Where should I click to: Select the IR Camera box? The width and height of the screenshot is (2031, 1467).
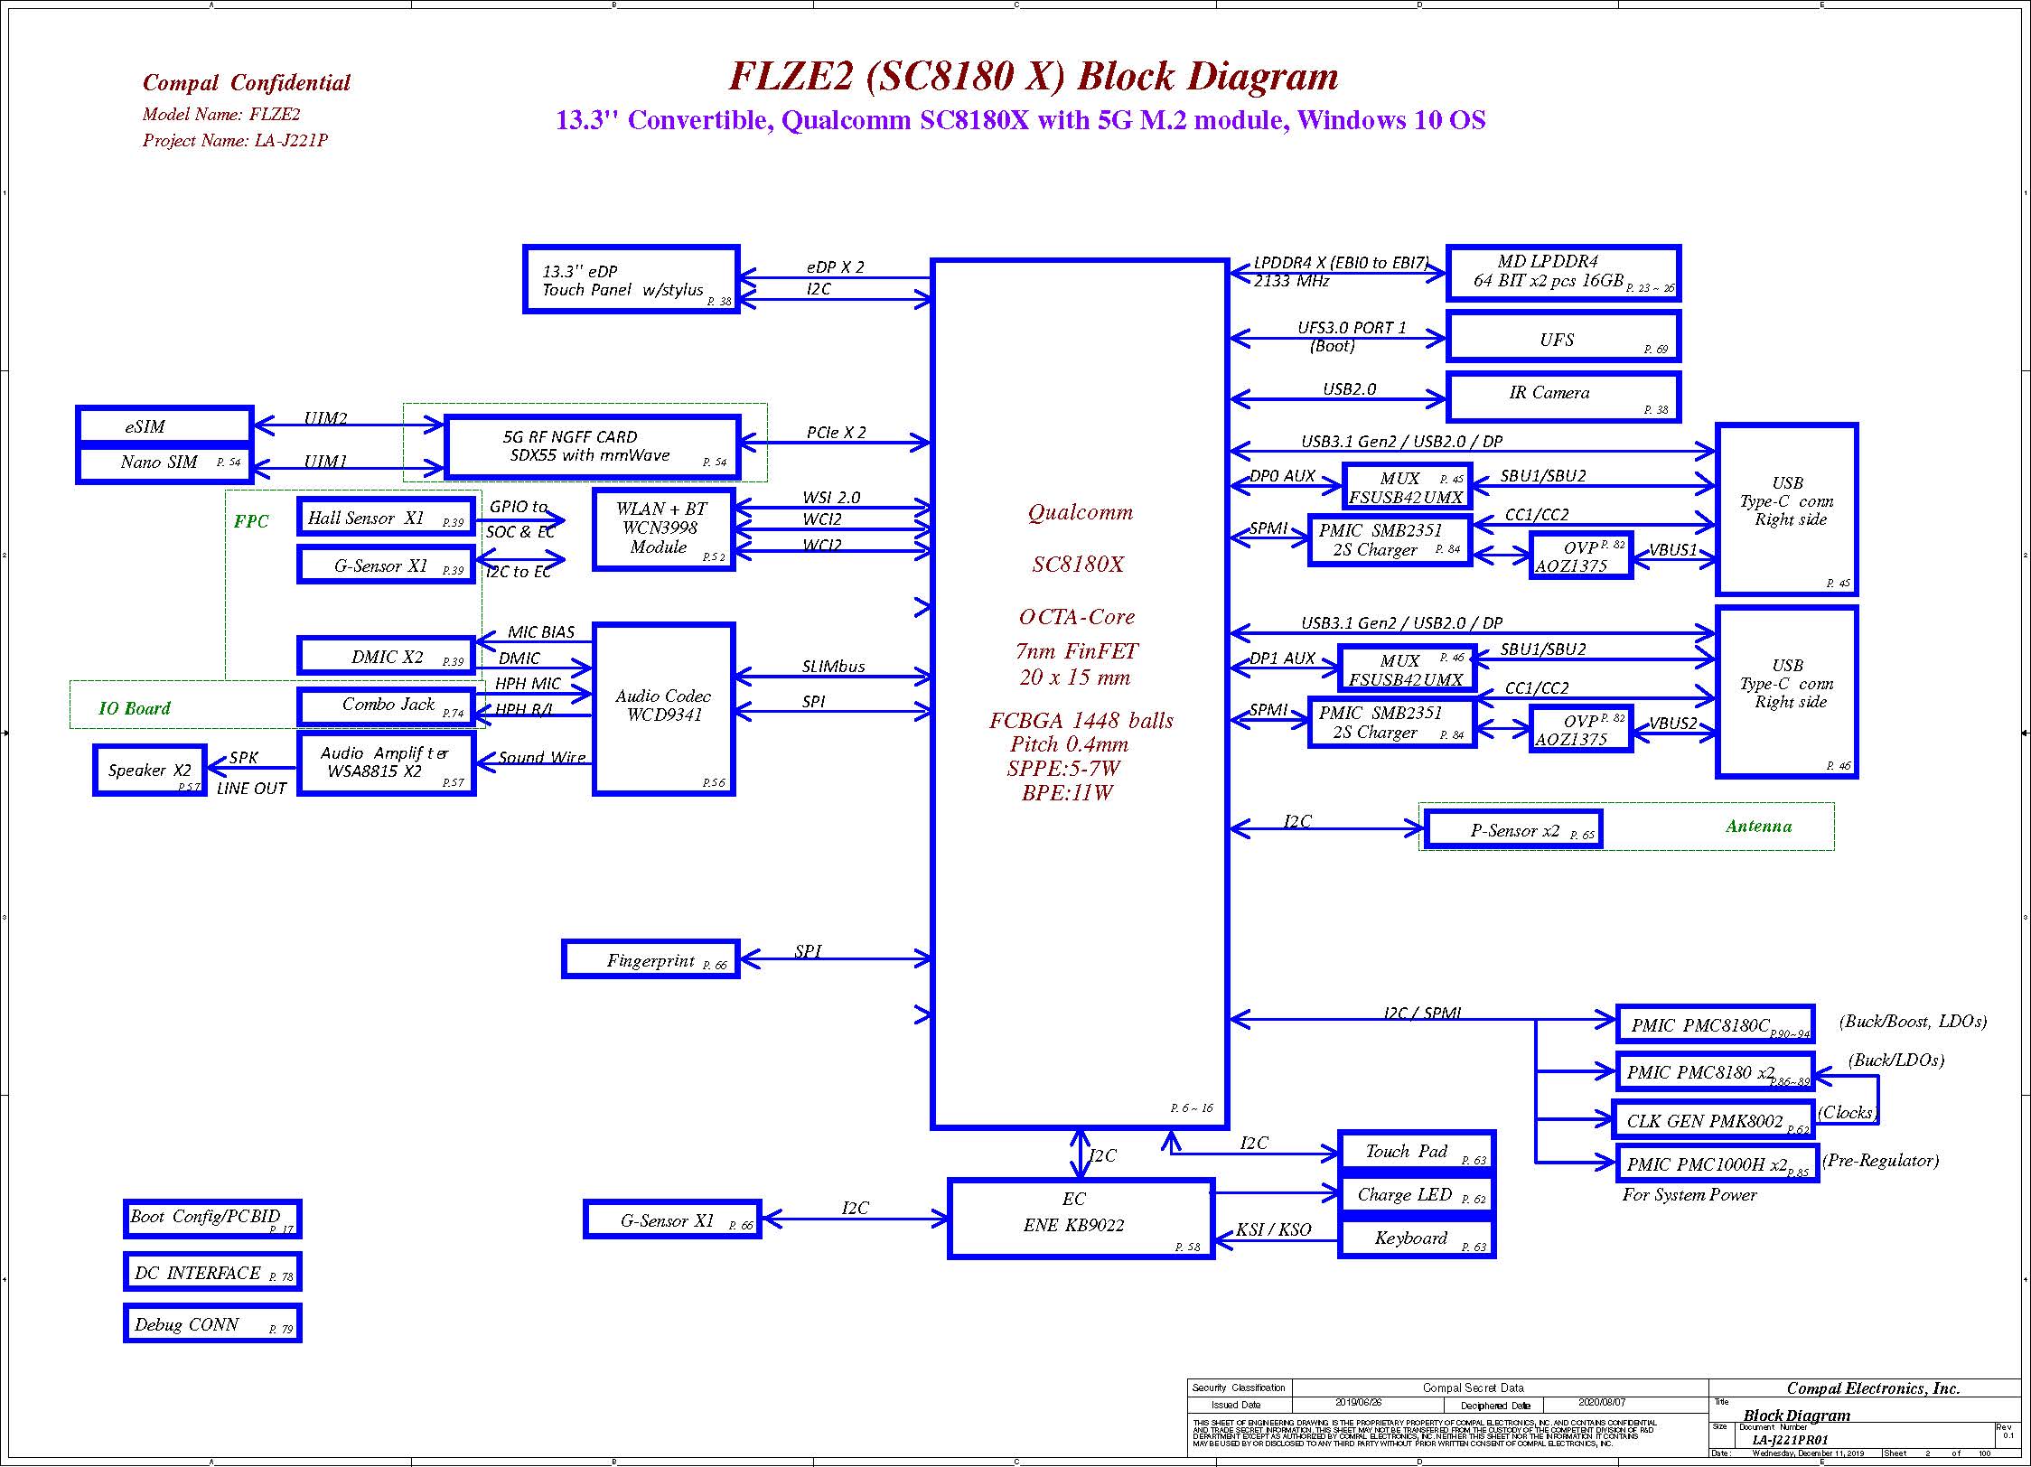[1563, 397]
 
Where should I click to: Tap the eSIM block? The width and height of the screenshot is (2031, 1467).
[164, 426]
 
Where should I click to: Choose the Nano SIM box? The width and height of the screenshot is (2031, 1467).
[164, 463]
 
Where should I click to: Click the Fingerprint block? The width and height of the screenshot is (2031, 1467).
[650, 959]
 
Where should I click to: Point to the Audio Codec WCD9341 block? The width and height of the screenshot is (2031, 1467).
[663, 708]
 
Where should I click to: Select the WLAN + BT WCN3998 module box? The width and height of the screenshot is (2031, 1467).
[663, 529]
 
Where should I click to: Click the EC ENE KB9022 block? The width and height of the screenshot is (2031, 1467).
[1081, 1218]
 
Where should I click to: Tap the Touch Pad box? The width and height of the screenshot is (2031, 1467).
[1415, 1152]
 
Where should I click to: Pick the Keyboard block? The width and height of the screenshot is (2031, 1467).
[1415, 1238]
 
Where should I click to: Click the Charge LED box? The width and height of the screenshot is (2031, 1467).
[1415, 1195]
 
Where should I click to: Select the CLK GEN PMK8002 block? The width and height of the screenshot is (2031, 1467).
[1714, 1121]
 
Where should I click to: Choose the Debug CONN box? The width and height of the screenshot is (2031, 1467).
[212, 1324]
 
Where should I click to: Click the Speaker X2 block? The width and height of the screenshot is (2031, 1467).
[150, 771]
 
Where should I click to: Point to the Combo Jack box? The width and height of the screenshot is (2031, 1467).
[387, 705]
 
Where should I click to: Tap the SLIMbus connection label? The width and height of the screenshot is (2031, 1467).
[833, 667]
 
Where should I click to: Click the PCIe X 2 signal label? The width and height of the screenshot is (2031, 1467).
[836, 433]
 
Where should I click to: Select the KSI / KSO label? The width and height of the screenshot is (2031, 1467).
[1273, 1229]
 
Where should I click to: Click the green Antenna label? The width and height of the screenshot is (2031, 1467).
[1758, 826]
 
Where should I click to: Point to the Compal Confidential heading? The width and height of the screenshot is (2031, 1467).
[247, 83]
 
